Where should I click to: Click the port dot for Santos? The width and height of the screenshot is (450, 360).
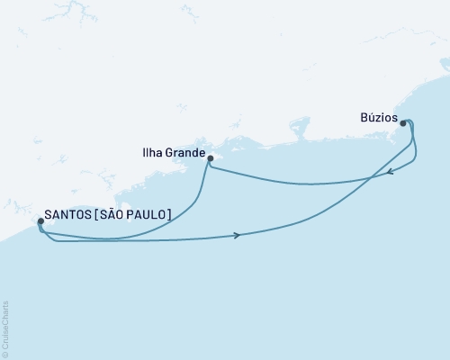(40, 220)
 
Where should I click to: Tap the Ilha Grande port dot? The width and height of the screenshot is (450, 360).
(209, 159)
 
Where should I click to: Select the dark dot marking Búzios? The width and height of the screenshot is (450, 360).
(403, 124)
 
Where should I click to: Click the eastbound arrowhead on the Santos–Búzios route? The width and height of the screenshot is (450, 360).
(237, 235)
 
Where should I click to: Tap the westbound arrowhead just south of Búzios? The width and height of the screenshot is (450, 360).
(390, 173)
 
